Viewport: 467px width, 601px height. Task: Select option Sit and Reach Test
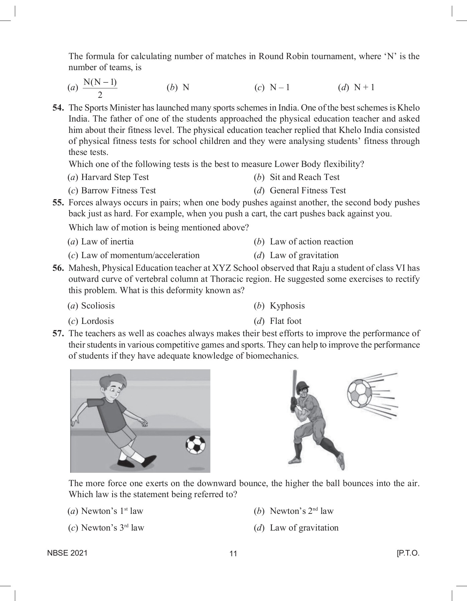coord(304,177)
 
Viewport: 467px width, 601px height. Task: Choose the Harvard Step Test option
coord(115,177)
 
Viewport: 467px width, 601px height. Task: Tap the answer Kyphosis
coord(287,306)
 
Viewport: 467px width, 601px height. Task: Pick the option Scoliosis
coord(98,306)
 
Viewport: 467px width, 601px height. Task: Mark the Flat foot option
coord(285,321)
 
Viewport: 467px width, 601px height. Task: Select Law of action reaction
coord(311,241)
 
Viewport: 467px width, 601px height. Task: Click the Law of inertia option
coord(107,241)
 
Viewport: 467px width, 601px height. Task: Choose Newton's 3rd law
coord(113,528)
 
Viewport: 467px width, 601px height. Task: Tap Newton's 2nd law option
coord(301,511)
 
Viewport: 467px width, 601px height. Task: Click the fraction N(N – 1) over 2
coord(100,88)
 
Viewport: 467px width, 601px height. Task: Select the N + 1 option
coord(364,87)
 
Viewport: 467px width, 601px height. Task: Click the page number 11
coord(233,554)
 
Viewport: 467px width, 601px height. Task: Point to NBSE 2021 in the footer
coord(67,553)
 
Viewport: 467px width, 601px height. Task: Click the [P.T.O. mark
coord(407,553)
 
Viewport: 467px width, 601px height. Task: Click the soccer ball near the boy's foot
coord(195,445)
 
